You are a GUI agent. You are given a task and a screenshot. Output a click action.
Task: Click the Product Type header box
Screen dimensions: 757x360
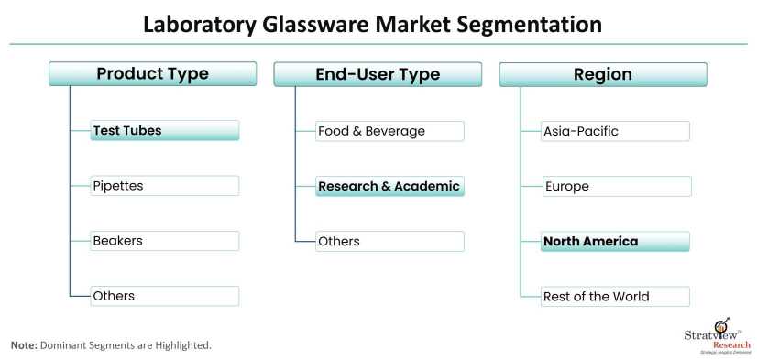point(152,74)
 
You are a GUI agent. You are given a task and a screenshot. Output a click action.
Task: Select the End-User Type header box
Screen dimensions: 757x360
point(378,74)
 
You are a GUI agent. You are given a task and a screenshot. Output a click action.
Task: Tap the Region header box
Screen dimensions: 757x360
point(603,74)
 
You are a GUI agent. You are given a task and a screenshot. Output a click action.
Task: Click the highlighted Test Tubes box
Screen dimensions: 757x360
point(165,130)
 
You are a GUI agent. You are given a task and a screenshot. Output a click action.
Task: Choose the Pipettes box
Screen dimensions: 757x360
point(165,186)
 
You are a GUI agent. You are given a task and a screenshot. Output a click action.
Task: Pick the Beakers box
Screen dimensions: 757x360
point(165,241)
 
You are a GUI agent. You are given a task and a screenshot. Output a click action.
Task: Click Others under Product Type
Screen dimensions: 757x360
point(165,296)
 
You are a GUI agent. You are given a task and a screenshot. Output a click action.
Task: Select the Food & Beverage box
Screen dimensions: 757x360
point(390,131)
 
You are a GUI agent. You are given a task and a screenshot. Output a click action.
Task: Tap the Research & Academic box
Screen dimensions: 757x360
point(390,186)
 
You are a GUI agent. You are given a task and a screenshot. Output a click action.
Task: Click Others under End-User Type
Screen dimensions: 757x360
point(390,241)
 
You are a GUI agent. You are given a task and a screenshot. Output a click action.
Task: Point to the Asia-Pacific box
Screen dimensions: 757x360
point(616,131)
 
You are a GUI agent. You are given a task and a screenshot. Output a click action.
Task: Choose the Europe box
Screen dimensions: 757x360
point(617,186)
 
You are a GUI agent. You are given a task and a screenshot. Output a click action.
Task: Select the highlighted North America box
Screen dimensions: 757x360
point(616,241)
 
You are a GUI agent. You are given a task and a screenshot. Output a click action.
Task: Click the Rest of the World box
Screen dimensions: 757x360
point(616,296)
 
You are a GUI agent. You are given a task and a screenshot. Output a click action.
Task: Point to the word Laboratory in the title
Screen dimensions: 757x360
point(200,25)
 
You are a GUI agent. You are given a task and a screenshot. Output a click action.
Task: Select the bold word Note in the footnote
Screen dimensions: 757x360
point(24,345)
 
